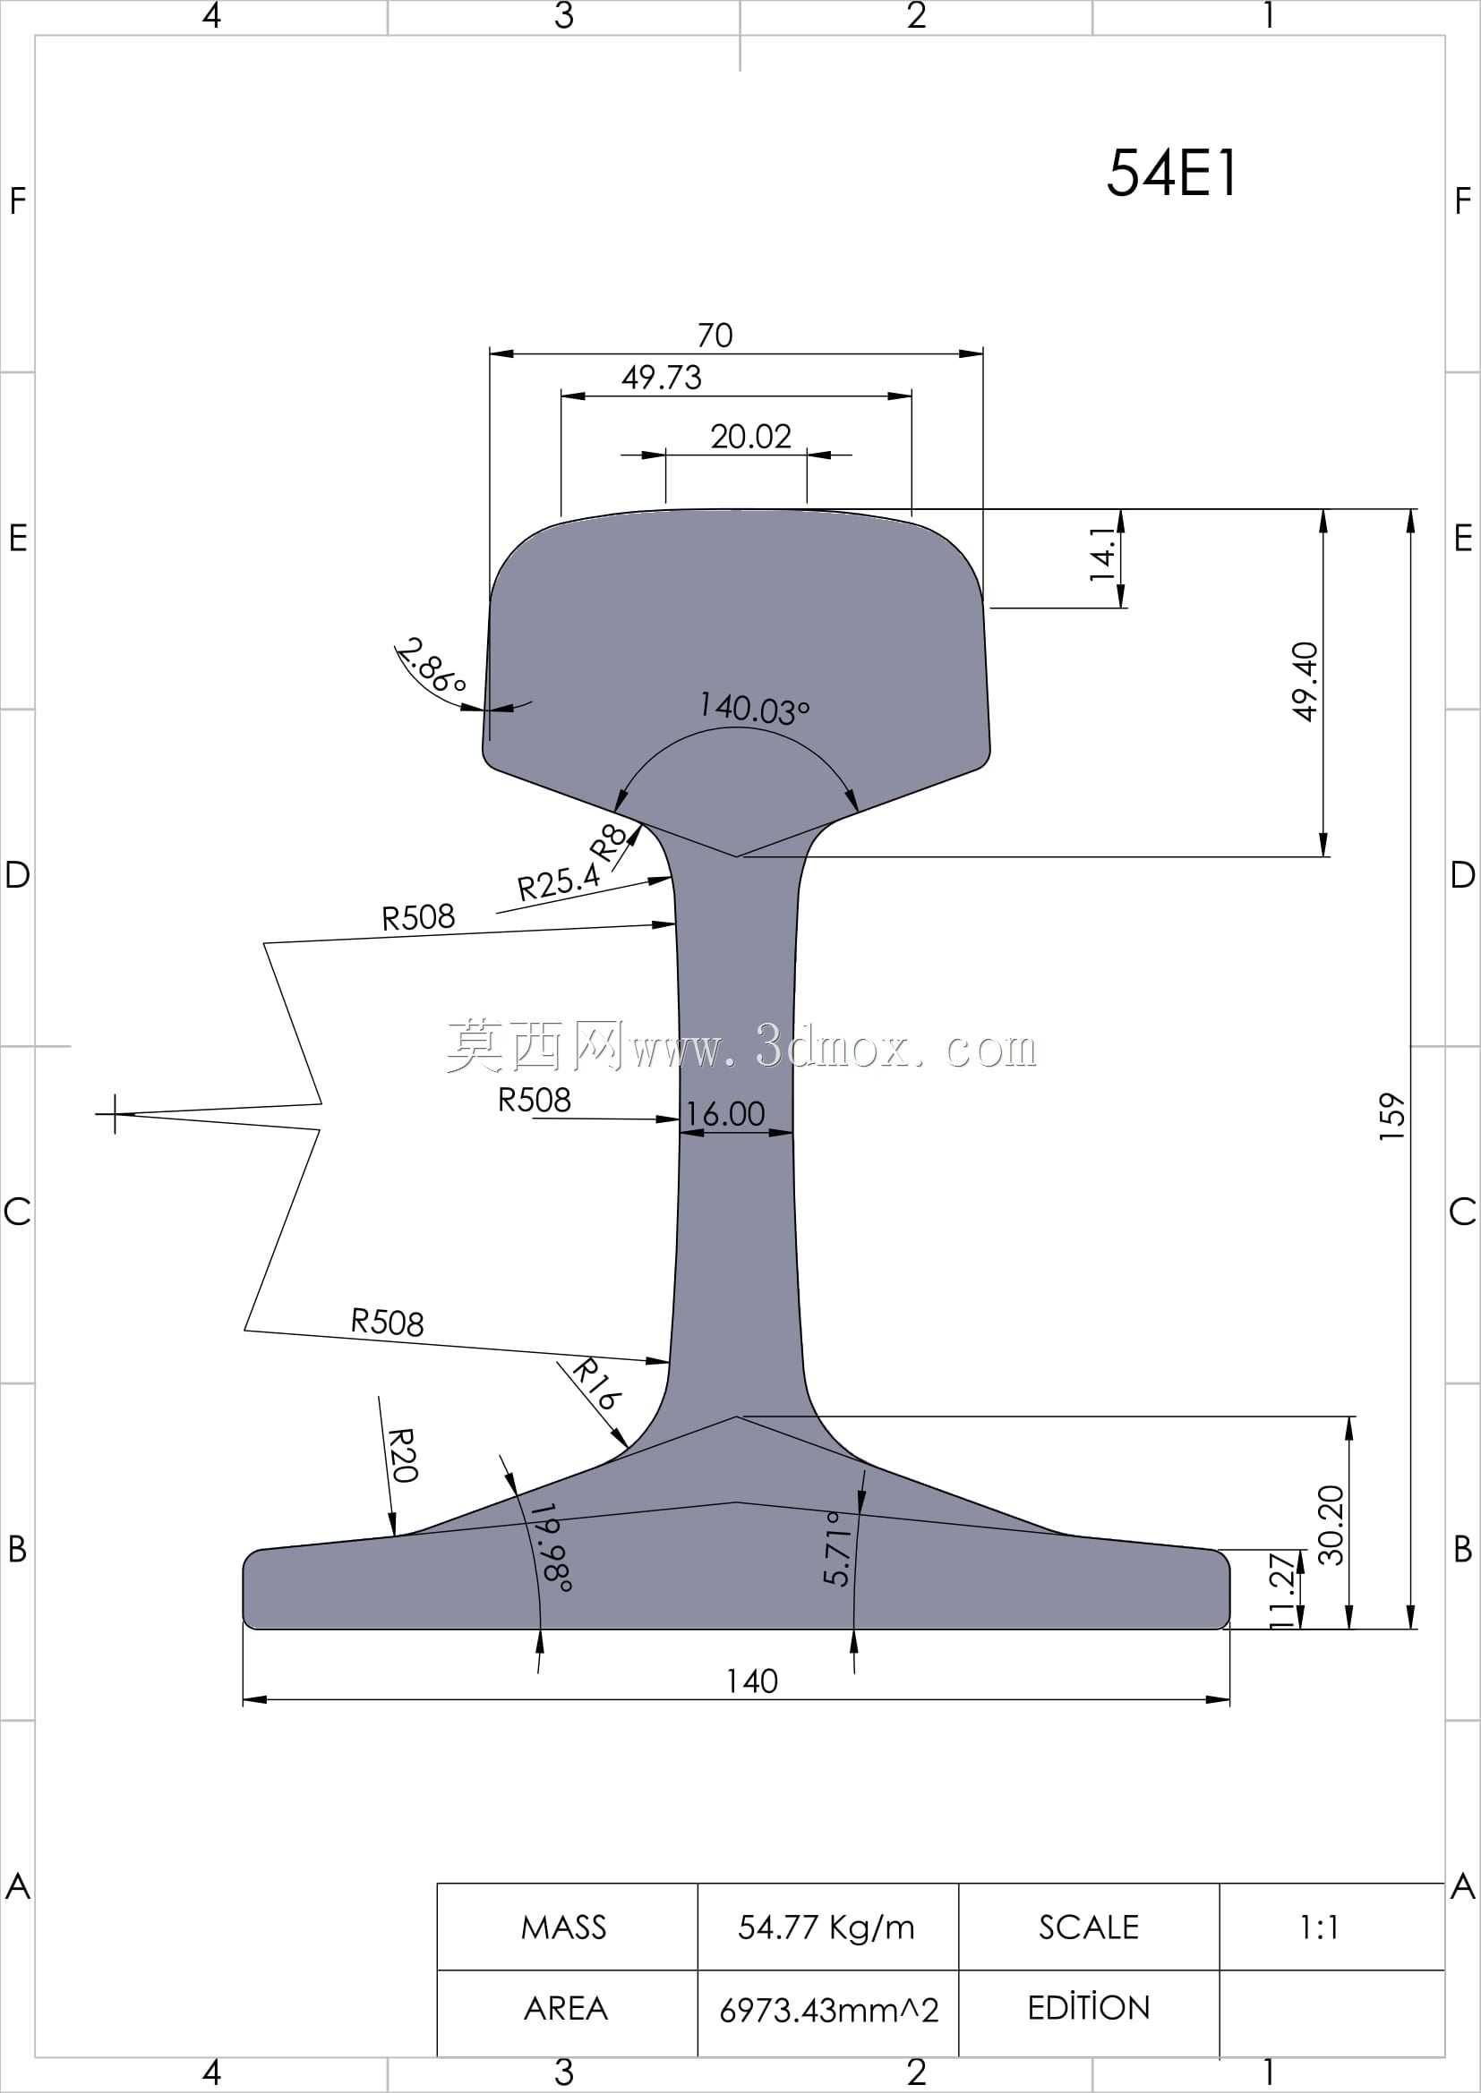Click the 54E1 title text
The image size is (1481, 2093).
point(1172,174)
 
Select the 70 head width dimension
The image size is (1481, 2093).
point(715,336)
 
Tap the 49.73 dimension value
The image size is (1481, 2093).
point(662,378)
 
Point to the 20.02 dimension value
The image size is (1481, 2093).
point(750,437)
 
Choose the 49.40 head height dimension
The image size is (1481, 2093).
point(1306,682)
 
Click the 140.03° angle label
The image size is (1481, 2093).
point(754,709)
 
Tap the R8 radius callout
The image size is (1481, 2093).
point(609,841)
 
